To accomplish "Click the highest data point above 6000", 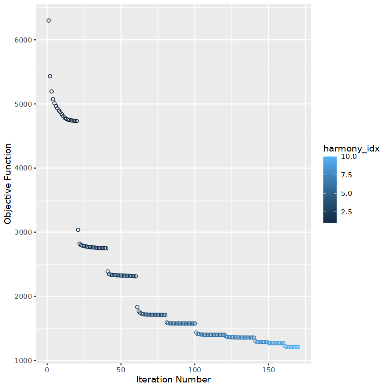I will pyautogui.click(x=48, y=21).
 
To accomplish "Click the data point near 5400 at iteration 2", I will pyautogui.click(x=50, y=76).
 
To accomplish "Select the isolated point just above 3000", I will pyautogui.click(x=78, y=230).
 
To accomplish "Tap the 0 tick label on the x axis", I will pyautogui.click(x=47, y=370).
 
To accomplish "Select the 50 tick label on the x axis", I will pyautogui.click(x=121, y=370).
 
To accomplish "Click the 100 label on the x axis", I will pyautogui.click(x=194, y=370).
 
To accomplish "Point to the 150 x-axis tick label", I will pyautogui.click(x=268, y=370).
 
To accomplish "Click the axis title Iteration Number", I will pyautogui.click(x=174, y=380).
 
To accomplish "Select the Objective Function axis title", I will pyautogui.click(x=8, y=184).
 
